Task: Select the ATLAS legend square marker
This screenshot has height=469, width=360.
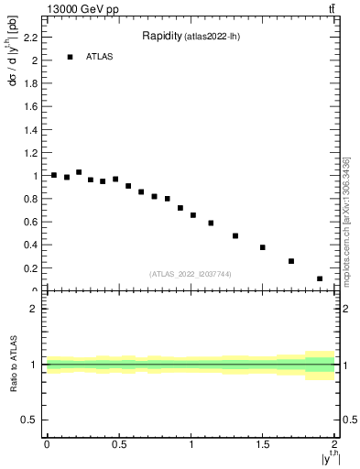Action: tap(70, 57)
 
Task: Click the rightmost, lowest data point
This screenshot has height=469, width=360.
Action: tap(320, 278)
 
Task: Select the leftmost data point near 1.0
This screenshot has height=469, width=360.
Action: tap(54, 175)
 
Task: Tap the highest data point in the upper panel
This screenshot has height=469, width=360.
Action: tap(79, 172)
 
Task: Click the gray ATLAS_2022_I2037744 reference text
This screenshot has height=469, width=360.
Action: tap(191, 274)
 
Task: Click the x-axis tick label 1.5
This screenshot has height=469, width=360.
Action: tap(263, 445)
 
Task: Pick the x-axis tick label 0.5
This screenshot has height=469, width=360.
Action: tap(118, 445)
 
